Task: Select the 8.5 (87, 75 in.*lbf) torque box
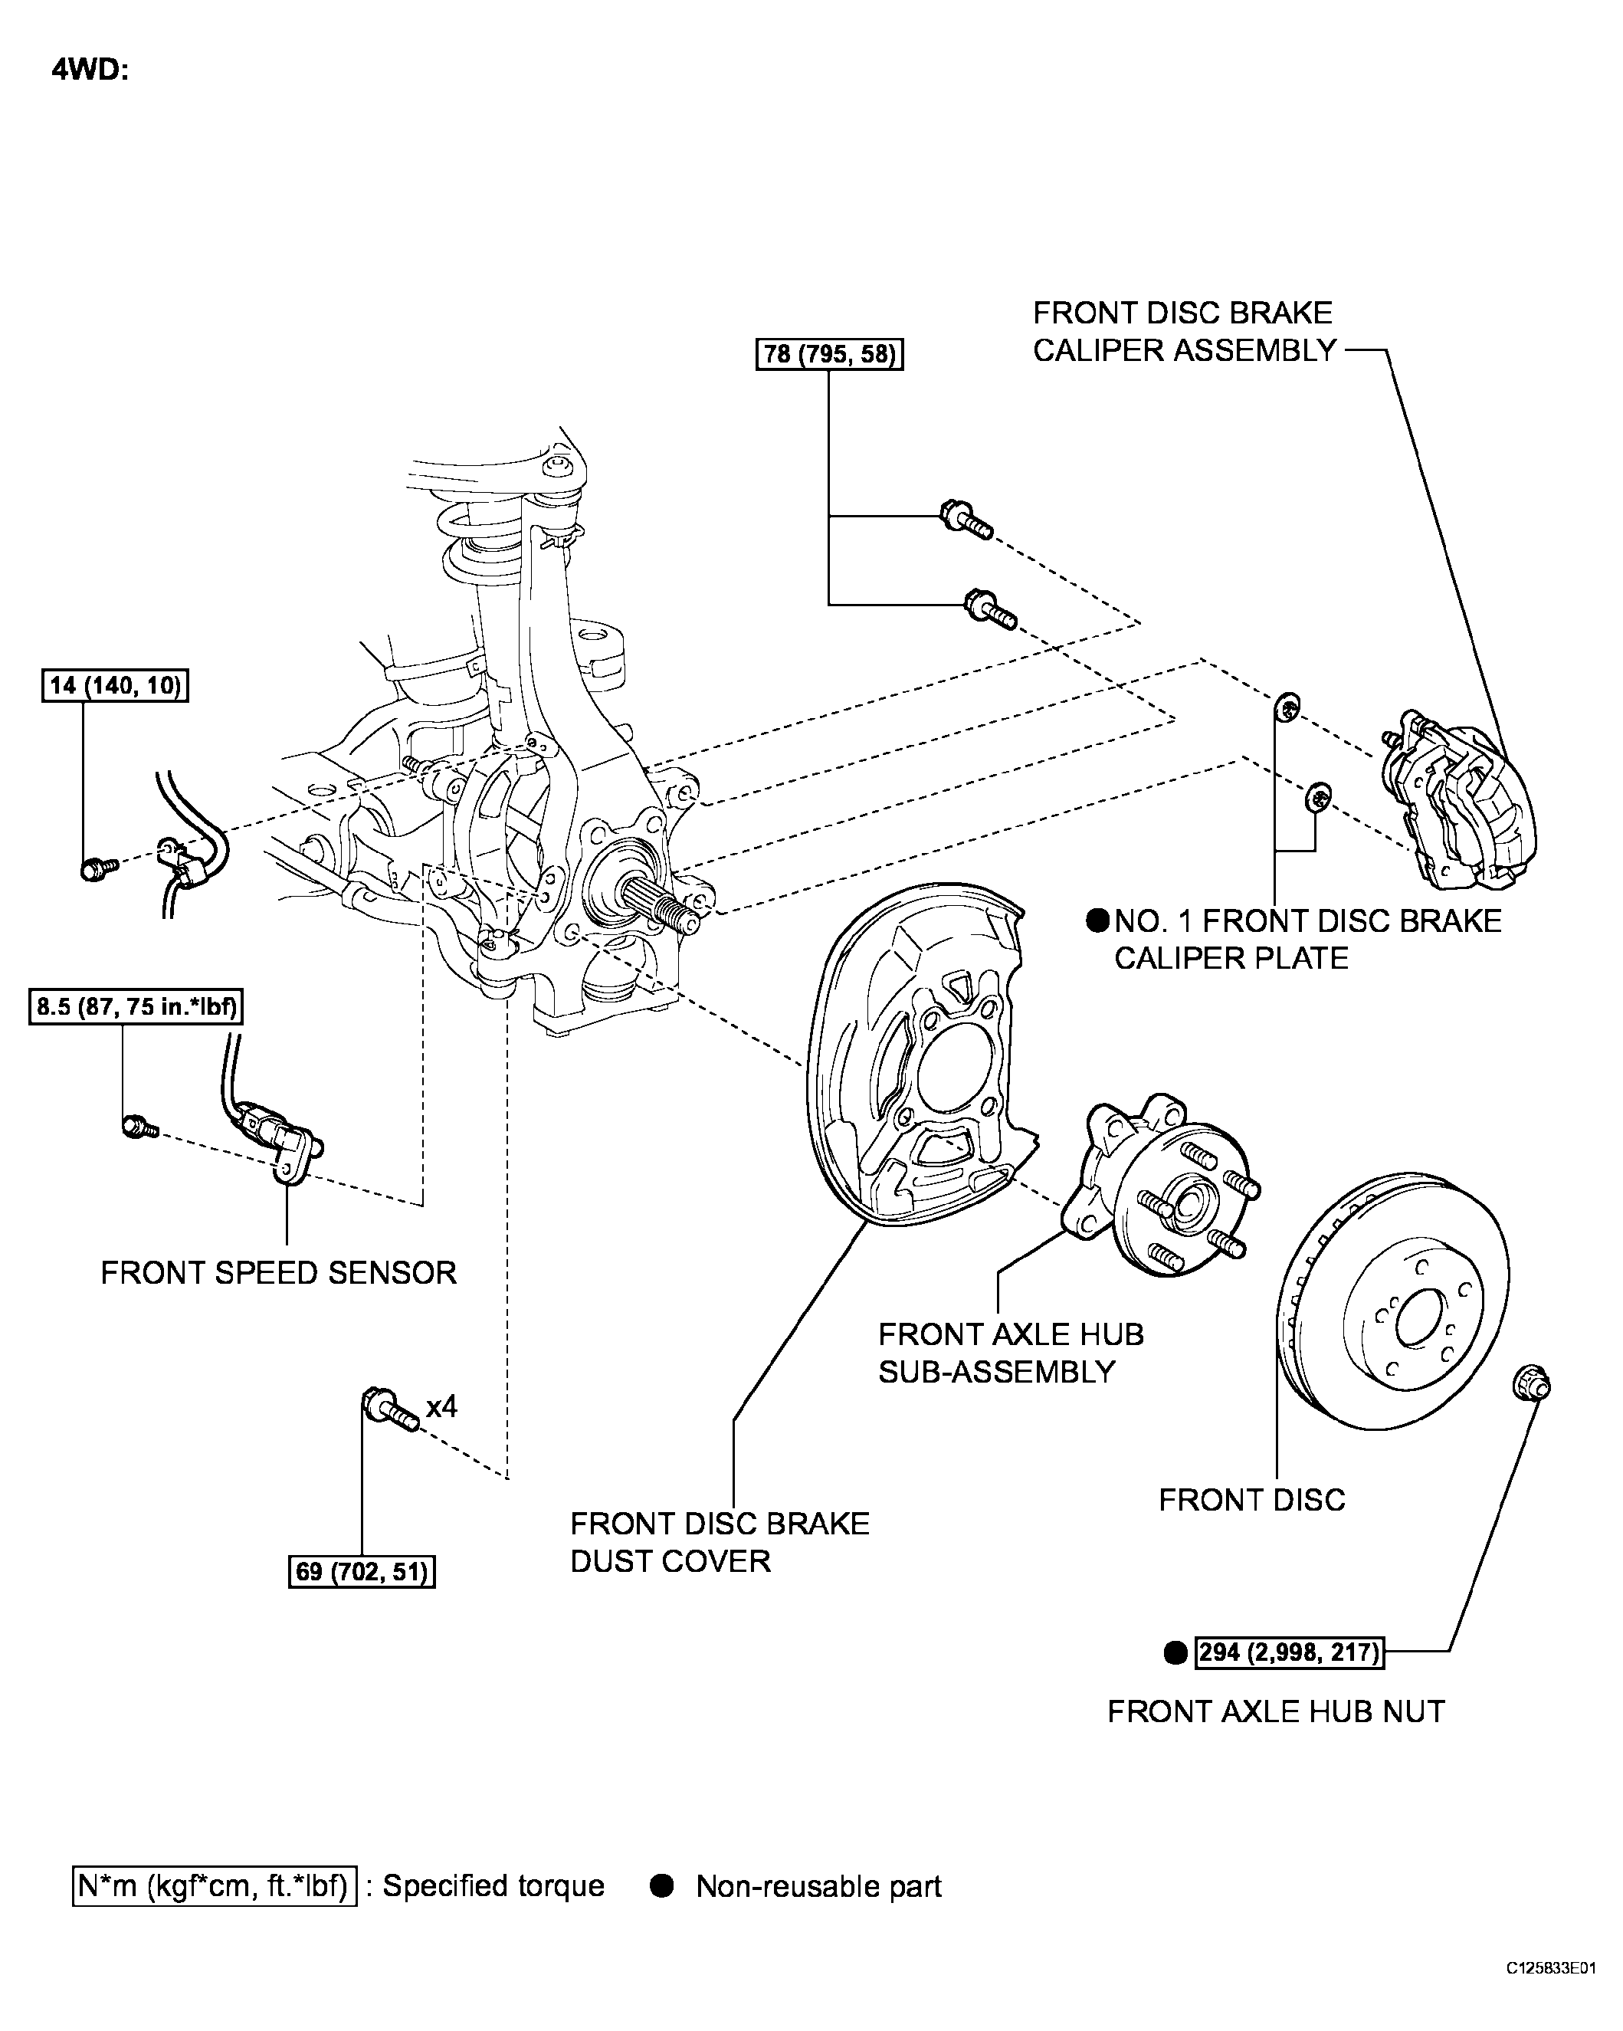pos(135,1008)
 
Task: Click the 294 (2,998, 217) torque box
pos(1289,1652)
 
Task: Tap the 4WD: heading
pos(90,70)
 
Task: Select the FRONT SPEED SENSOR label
pos(278,1273)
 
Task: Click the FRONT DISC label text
pos(1251,1500)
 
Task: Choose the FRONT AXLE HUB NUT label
pos(1275,1711)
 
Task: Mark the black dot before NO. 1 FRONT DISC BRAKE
pos(1097,920)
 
